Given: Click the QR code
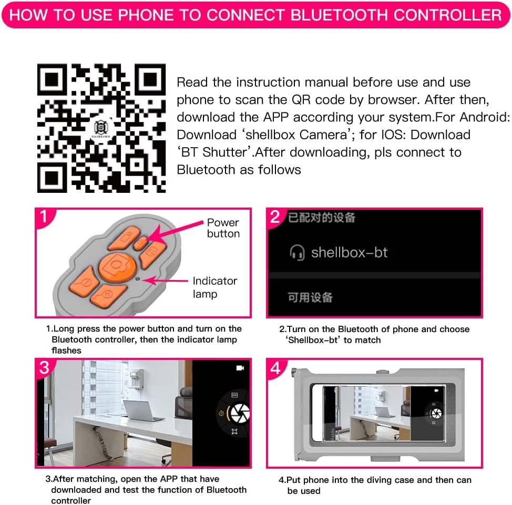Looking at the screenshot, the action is click(x=101, y=128).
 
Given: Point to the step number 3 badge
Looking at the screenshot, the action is click(x=44, y=367).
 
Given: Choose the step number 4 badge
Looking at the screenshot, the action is click(x=275, y=368).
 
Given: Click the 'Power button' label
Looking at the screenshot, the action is click(x=223, y=228).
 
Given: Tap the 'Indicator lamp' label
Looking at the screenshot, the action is click(x=215, y=287).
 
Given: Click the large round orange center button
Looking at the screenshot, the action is click(x=117, y=267).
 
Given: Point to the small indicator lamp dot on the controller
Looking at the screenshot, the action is click(x=138, y=279).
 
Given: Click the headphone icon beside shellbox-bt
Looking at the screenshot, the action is click(x=297, y=253).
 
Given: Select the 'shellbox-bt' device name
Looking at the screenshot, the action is click(x=349, y=252).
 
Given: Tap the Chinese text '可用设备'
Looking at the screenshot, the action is click(x=310, y=297).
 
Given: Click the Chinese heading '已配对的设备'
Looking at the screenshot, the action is click(x=322, y=218).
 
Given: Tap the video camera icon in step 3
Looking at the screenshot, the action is click(x=240, y=368).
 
